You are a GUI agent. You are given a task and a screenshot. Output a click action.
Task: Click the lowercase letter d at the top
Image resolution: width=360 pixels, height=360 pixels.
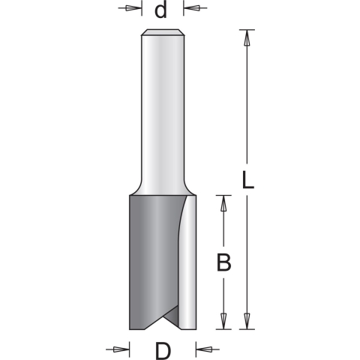pyautogui.click(x=159, y=10)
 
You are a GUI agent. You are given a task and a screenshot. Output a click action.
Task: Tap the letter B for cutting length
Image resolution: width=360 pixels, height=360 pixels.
pyautogui.click(x=223, y=262)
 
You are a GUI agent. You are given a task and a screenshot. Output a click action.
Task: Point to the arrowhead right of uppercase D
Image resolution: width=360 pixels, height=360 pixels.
pyautogui.click(x=201, y=349)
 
